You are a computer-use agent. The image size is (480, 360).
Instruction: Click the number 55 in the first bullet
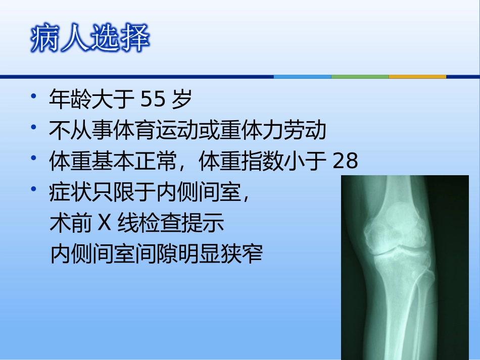coord(153,100)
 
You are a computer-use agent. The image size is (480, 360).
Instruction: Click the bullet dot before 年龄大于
coord(33,96)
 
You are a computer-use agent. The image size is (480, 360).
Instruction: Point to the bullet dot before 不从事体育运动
coord(33,127)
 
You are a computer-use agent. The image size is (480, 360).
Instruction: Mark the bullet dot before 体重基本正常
coord(33,158)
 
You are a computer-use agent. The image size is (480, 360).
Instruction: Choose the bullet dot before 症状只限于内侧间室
coord(33,189)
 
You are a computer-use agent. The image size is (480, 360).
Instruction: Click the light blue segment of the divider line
coord(302,77)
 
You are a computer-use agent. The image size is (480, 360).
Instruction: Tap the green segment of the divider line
coord(360,77)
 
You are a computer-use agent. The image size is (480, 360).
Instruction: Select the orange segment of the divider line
coord(417,77)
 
